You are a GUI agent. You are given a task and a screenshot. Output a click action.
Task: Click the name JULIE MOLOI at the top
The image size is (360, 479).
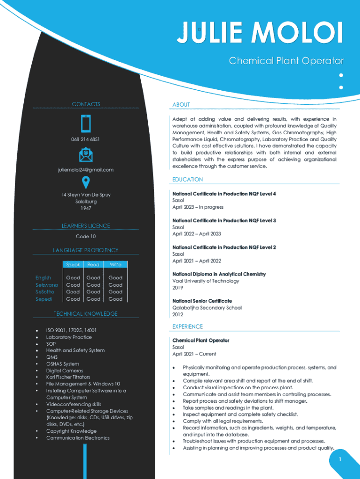tap(260, 34)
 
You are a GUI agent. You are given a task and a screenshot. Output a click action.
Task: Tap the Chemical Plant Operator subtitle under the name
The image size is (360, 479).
tap(286, 61)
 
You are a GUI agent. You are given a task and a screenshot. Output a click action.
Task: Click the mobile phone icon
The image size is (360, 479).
tap(86, 123)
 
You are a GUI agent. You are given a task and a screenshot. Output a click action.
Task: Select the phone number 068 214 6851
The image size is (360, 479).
tap(86, 139)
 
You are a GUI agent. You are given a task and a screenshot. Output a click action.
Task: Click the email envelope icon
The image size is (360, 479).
tap(86, 154)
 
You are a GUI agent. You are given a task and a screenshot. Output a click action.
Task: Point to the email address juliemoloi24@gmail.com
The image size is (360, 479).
tap(86, 170)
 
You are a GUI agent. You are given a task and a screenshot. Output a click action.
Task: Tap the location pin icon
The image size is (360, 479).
tap(86, 183)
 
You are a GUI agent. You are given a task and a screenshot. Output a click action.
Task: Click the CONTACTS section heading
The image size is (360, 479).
tap(86, 104)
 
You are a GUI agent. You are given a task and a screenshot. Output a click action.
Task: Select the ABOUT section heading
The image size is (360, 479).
tap(181, 105)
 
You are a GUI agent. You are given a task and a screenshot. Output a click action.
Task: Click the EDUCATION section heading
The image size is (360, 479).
tap(187, 180)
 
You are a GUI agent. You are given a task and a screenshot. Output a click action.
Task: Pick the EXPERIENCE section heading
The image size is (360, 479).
tap(187, 327)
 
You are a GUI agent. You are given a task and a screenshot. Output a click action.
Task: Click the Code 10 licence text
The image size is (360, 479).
tap(86, 237)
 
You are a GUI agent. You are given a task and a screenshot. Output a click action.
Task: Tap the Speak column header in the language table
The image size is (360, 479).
tap(73, 265)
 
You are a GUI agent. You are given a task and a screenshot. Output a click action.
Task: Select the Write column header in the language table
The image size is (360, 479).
tap(115, 265)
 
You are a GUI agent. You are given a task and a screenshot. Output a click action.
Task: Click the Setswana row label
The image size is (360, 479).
tap(47, 285)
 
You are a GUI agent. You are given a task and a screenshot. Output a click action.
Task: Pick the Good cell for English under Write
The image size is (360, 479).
tap(115, 278)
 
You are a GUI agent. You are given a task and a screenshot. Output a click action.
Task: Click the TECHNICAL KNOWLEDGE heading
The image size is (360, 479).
tap(86, 314)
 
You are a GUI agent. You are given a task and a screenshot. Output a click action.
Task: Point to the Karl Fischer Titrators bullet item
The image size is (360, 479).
tap(68, 377)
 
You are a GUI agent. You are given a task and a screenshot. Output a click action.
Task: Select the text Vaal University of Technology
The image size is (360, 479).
tap(206, 281)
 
